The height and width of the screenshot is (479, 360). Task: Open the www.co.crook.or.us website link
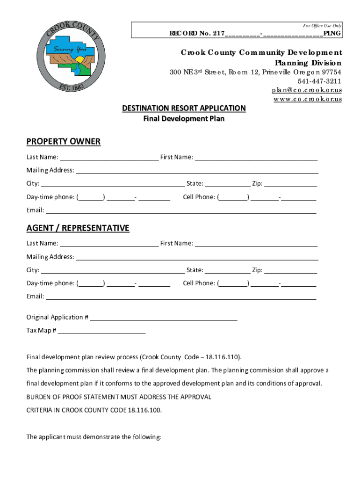coord(308,99)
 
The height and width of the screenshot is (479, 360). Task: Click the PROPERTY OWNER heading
coord(64,142)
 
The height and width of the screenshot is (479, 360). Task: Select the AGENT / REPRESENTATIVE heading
coord(78,228)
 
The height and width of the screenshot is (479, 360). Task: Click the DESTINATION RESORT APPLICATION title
coord(184,109)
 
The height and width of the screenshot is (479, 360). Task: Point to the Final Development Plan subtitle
coord(184,119)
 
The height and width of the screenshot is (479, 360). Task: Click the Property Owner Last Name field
coord(109,158)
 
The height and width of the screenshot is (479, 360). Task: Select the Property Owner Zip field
coord(290,184)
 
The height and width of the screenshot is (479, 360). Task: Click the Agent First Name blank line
coord(256,244)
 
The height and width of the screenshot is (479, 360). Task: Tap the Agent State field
coord(227,271)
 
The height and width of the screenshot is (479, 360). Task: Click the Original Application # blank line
coord(164,318)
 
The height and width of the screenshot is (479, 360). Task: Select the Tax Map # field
coord(101,331)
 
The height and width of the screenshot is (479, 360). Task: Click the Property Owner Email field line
coord(180,211)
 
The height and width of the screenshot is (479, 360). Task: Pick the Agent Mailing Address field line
coord(197,257)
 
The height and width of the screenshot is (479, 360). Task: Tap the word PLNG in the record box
coord(332,34)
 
